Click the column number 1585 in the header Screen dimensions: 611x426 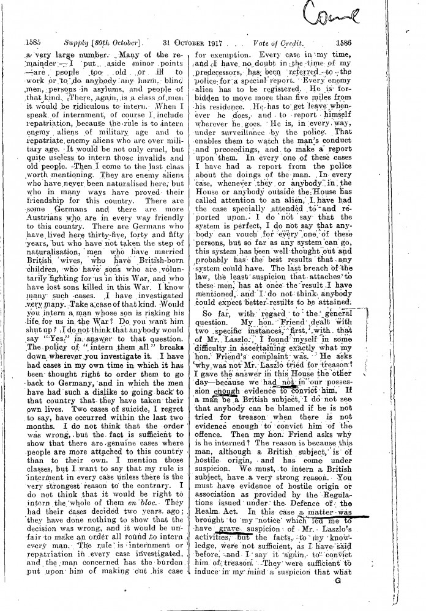[x=31, y=43]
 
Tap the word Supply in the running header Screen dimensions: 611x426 [x=64, y=43]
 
